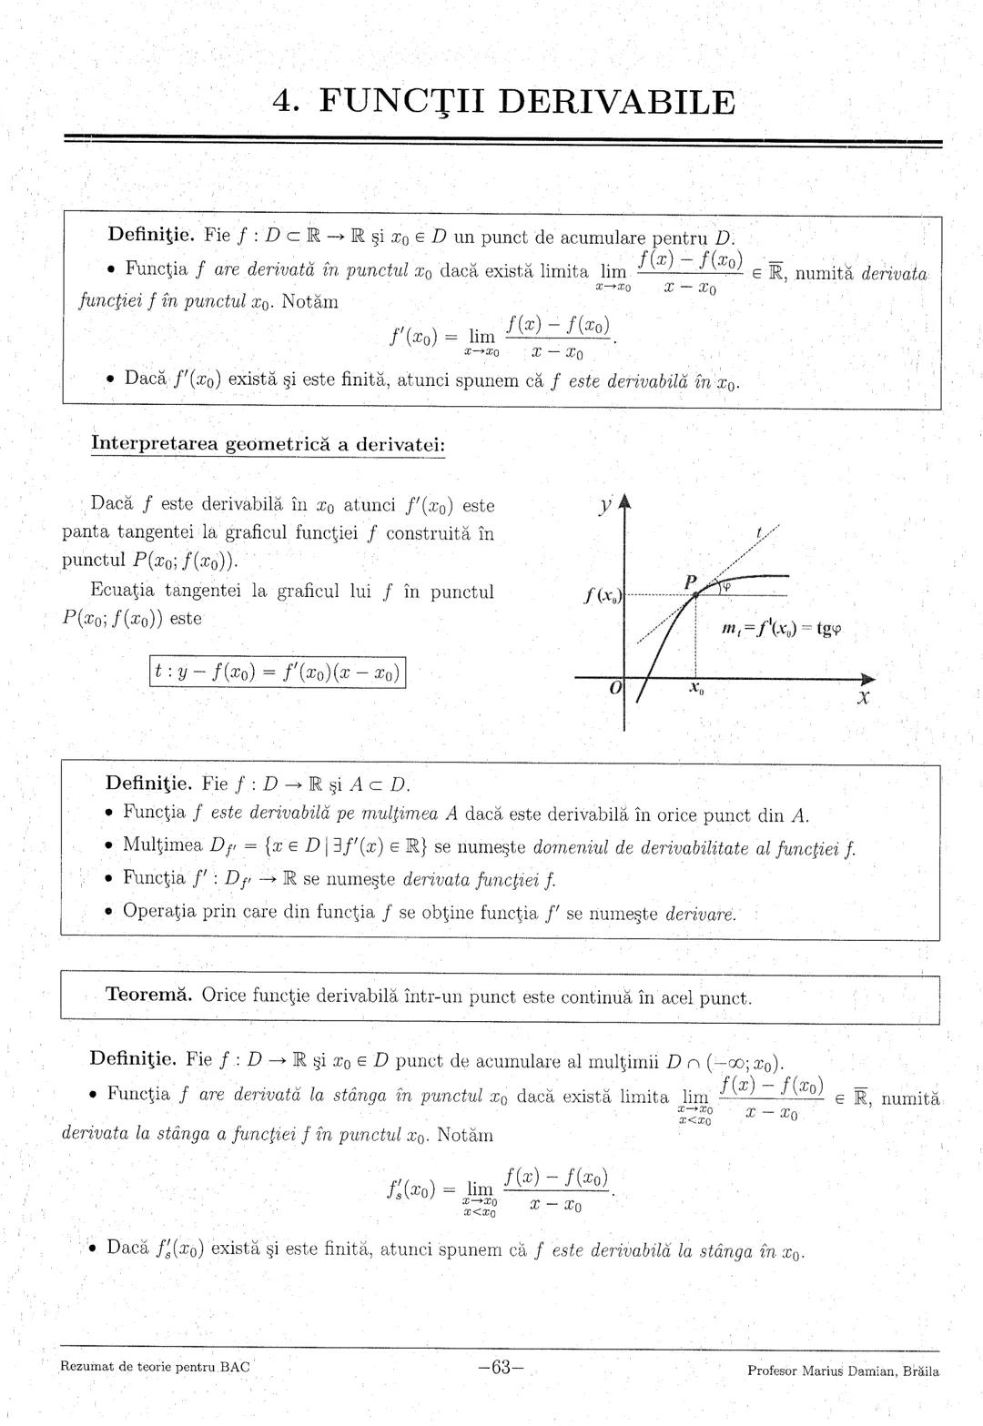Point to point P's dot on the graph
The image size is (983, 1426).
[695, 594]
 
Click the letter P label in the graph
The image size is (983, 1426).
[691, 581]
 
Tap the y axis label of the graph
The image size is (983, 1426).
[603, 503]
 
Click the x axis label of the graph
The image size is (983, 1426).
[863, 700]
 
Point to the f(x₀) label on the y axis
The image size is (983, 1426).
[603, 597]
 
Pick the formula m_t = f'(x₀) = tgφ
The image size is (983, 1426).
[781, 629]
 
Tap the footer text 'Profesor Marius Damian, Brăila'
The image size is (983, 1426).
[843, 1370]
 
